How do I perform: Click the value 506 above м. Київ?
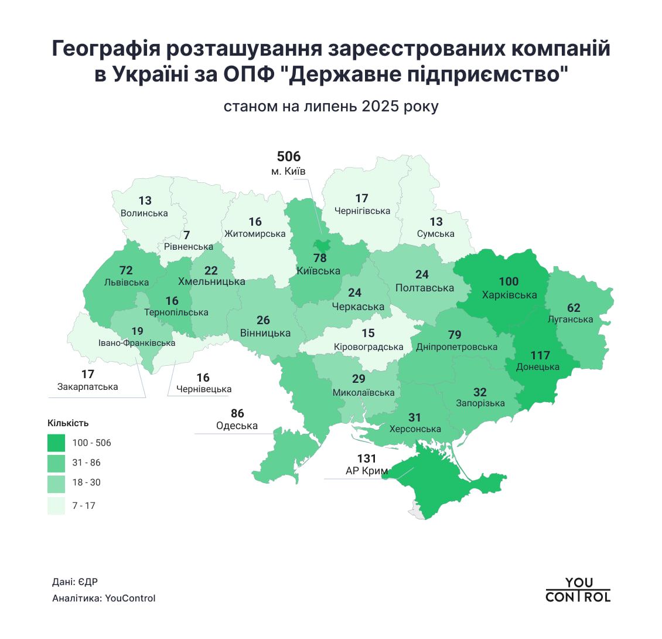[x=288, y=157]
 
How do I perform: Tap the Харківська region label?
[x=509, y=295]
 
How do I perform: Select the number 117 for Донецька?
[x=540, y=355]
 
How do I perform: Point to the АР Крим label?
[x=367, y=471]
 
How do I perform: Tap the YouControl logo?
[x=578, y=590]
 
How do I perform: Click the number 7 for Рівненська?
[x=186, y=235]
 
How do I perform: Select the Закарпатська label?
[x=88, y=387]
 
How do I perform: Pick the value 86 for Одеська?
[x=237, y=414]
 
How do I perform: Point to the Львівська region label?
[x=127, y=283]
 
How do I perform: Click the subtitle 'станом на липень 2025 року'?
[x=330, y=107]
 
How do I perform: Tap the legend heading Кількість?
[x=68, y=423]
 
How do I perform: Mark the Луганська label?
[x=570, y=319]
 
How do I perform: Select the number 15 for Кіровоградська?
[x=368, y=334]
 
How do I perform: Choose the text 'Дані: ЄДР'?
[x=75, y=582]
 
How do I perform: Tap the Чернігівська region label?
[x=362, y=211]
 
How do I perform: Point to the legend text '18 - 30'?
[x=86, y=482]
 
